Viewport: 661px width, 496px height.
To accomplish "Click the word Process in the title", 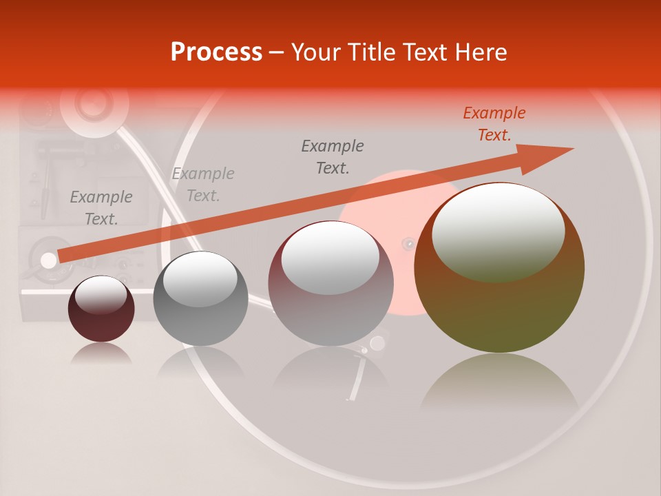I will click(216, 52).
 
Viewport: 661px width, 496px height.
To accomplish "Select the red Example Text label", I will click(494, 124).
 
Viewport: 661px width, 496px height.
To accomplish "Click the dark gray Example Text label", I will click(333, 156).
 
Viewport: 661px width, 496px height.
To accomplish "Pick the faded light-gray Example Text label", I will click(203, 184).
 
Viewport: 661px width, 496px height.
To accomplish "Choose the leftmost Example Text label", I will click(101, 207).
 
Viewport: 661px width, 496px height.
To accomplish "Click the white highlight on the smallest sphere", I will click(101, 295).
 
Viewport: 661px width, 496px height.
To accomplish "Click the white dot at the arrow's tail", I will click(48, 260).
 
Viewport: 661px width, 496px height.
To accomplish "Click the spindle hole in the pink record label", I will click(408, 243).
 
